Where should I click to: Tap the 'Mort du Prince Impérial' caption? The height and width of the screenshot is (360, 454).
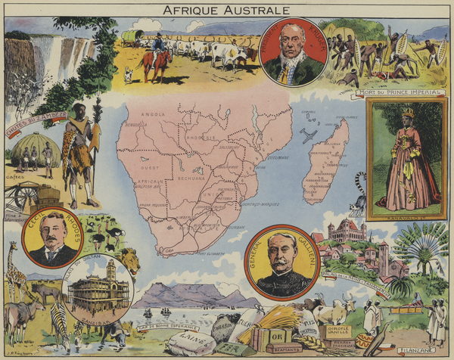point(390,93)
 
